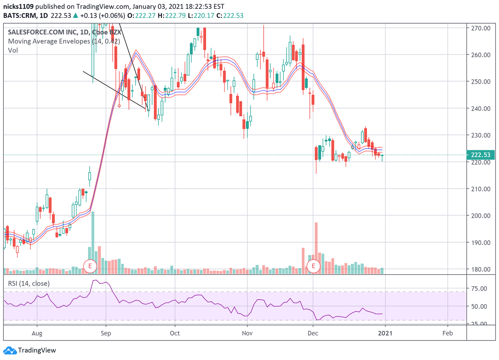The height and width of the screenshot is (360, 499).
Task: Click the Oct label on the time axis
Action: click(175, 333)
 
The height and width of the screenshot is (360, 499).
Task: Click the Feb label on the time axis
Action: click(448, 333)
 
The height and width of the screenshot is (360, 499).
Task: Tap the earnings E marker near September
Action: click(90, 266)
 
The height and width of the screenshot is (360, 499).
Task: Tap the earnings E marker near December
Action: click(314, 266)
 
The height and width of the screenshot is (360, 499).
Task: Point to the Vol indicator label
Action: click(12, 50)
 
